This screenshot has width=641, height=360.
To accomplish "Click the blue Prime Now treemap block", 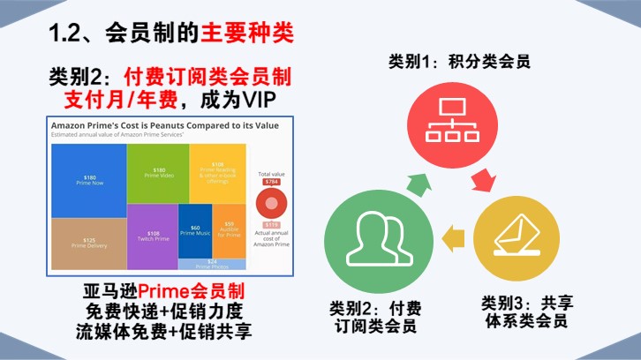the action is coord(89,180).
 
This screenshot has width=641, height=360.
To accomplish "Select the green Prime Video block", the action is coord(159,173).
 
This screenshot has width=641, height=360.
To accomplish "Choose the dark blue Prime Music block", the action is coord(195,230).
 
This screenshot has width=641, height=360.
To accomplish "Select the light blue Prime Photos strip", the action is coord(212,263).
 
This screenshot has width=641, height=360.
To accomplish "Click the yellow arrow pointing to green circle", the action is coord(453,235).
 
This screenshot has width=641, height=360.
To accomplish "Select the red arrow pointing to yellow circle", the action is coord(484,183).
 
